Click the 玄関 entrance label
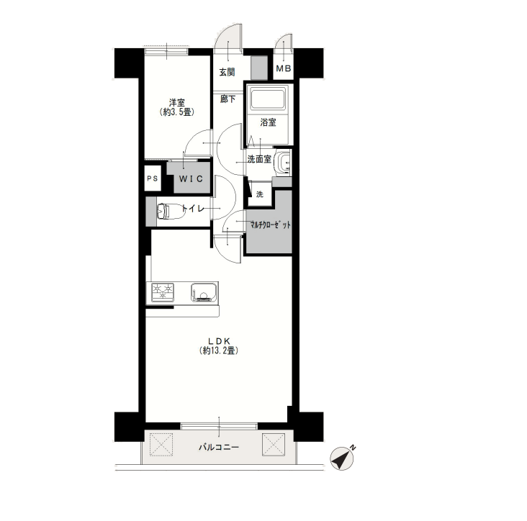(227, 72)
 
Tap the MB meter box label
(284, 68)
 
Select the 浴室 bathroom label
(268, 122)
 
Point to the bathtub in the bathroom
(268, 97)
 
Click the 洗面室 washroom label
(259, 159)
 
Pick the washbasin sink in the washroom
(282, 163)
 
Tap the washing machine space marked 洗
(259, 194)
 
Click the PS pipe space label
(152, 178)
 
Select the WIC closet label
(191, 178)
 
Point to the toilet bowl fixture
(171, 211)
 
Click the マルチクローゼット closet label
(270, 225)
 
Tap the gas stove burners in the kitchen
(163, 291)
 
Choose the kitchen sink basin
(204, 293)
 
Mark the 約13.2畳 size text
(218, 350)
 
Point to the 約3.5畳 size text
(177, 112)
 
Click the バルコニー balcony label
(218, 447)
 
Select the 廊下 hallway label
(228, 99)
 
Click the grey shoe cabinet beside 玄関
(259, 68)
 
